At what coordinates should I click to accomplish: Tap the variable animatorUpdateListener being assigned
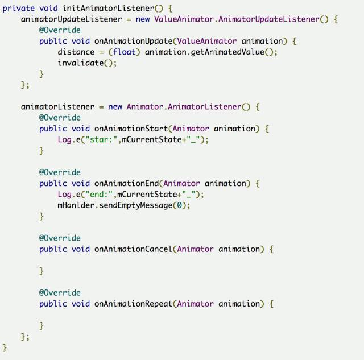click(71, 19)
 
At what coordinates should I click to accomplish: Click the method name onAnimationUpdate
click(134, 41)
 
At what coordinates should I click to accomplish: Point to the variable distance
click(76, 52)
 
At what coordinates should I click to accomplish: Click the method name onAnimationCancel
click(134, 249)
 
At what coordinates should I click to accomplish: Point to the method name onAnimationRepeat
click(134, 303)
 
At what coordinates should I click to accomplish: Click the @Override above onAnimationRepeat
click(60, 292)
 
